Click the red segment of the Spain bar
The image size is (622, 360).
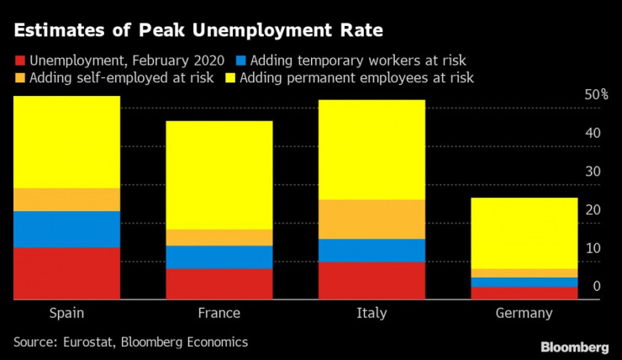point(66,273)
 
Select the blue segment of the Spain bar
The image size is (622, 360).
point(66,229)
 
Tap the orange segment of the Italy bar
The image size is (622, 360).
point(372,219)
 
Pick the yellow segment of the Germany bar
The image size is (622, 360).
point(524,233)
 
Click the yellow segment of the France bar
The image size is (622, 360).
point(219,175)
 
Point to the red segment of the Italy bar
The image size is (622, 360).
point(372,280)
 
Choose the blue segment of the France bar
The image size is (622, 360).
point(219,257)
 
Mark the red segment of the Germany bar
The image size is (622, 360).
point(524,293)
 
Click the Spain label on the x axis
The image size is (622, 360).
point(66,314)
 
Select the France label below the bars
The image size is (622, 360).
point(219,314)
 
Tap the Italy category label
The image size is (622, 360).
point(372,314)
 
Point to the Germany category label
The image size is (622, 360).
point(524,314)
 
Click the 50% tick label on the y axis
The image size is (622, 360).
point(596,96)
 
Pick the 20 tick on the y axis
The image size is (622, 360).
point(592,210)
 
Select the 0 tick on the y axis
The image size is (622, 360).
point(596,287)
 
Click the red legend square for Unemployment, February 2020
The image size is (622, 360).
point(19,61)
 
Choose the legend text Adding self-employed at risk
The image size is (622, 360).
point(121,78)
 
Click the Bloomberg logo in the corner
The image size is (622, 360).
point(575,347)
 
